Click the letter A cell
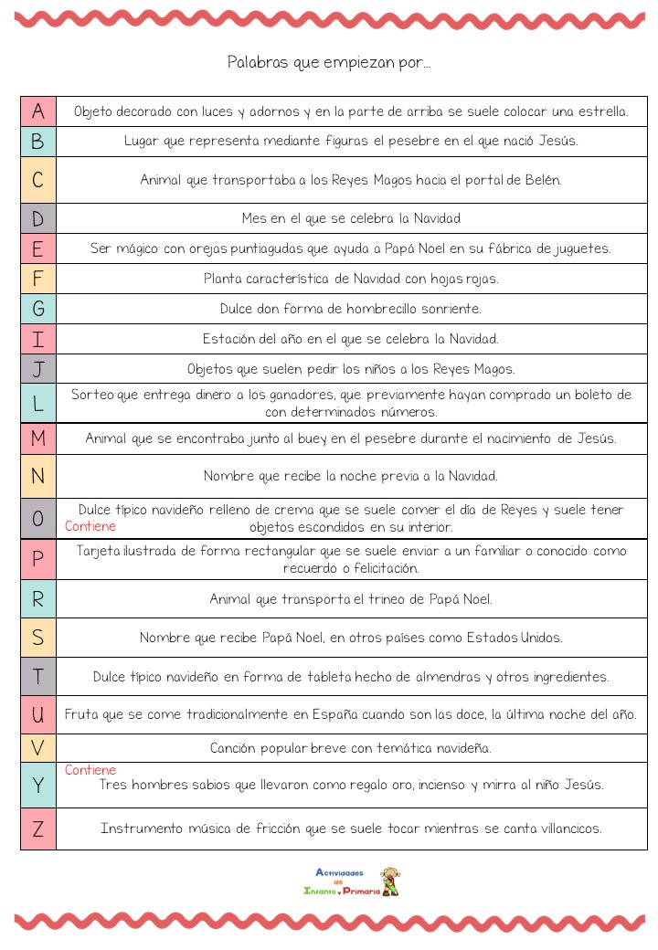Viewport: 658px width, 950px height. (x=37, y=111)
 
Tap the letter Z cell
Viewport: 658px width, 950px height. (x=37, y=829)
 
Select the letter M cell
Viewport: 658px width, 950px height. (x=37, y=438)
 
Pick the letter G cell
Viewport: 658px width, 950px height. (x=37, y=309)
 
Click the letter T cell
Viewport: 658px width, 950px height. (x=37, y=677)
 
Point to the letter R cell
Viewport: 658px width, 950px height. (x=37, y=599)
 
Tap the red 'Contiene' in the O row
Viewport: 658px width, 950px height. (x=90, y=527)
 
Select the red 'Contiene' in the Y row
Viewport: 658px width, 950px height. (x=90, y=770)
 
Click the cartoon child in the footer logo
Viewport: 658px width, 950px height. (x=390, y=881)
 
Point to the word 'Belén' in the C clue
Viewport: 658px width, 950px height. (x=542, y=180)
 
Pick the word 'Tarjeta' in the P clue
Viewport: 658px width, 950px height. (x=98, y=551)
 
